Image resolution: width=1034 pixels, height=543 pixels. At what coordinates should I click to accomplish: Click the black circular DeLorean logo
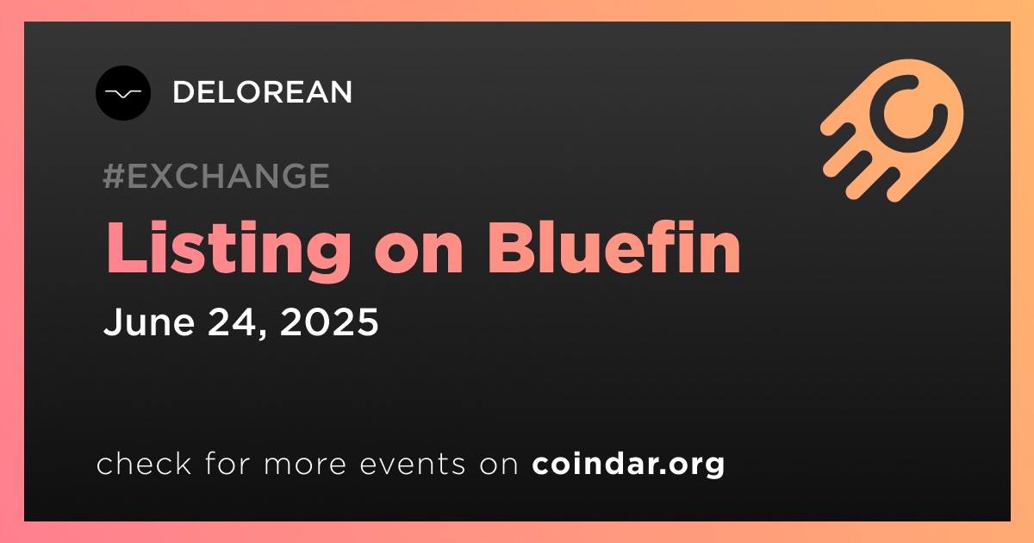point(122,93)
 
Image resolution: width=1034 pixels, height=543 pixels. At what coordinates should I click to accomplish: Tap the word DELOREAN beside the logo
point(262,92)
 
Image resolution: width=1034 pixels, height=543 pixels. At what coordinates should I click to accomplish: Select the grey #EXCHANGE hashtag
point(216,176)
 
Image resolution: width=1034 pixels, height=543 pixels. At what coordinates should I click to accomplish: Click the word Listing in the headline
point(228,250)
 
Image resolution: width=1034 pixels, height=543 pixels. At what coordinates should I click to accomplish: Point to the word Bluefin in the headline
point(614,247)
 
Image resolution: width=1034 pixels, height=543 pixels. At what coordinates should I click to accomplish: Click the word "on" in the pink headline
point(419,255)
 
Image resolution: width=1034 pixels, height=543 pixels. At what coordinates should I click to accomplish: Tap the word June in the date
point(148,321)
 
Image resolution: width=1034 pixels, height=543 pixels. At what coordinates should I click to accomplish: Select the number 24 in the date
point(232,321)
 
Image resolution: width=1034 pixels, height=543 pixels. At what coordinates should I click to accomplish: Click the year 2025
point(329,321)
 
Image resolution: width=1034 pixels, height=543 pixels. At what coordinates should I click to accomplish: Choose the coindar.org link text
point(628,464)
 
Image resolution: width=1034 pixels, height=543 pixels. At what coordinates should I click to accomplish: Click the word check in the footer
point(144,463)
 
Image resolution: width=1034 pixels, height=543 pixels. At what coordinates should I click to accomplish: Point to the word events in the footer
point(412,464)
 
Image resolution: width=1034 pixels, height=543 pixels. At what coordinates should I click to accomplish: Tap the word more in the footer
point(305,465)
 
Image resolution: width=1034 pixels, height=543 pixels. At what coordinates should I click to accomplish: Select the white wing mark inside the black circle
point(122,94)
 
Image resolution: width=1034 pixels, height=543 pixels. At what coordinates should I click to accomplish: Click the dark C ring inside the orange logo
point(908,114)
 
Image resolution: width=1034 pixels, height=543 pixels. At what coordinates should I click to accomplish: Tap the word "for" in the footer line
point(227,463)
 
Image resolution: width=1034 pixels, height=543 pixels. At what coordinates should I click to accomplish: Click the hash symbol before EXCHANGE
point(113,176)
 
